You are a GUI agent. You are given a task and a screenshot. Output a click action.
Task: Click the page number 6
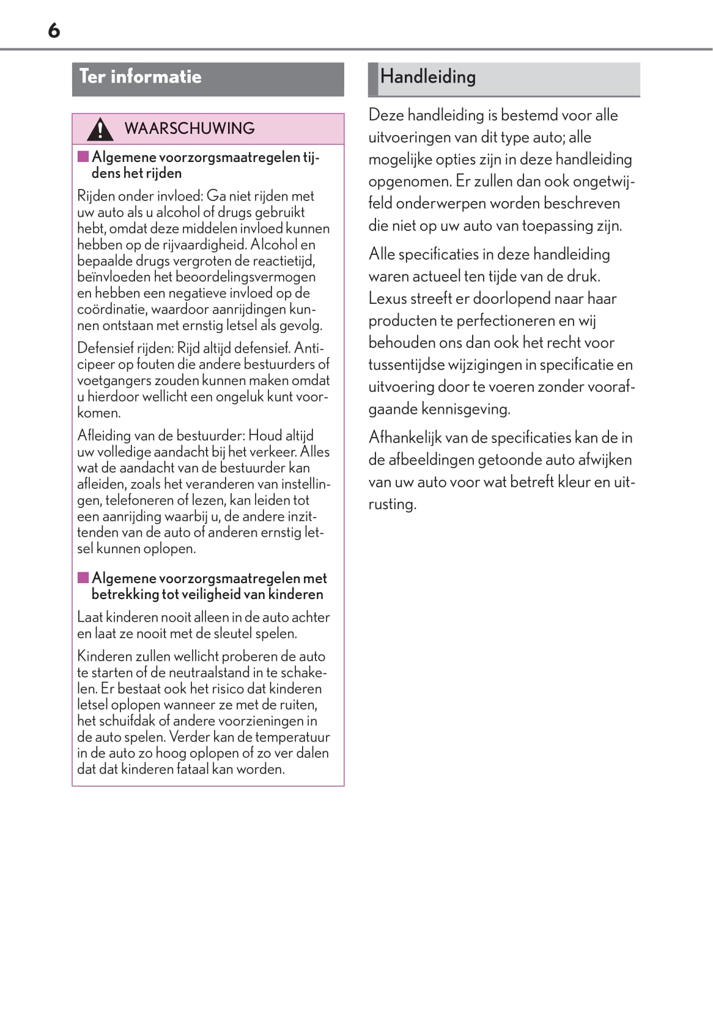pyautogui.click(x=54, y=30)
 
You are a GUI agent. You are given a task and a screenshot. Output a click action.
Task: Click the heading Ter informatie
pyautogui.click(x=140, y=77)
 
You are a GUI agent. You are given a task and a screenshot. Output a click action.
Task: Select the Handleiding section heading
pyautogui.click(x=427, y=77)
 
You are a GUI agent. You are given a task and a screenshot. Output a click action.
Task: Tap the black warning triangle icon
pyautogui.click(x=100, y=129)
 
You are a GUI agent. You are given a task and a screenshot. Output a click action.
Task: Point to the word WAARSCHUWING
pyautogui.click(x=190, y=128)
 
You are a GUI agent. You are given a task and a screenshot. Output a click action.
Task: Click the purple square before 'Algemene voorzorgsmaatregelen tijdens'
pyautogui.click(x=83, y=156)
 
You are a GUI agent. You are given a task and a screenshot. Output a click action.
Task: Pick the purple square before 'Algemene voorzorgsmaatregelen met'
pyautogui.click(x=83, y=578)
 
